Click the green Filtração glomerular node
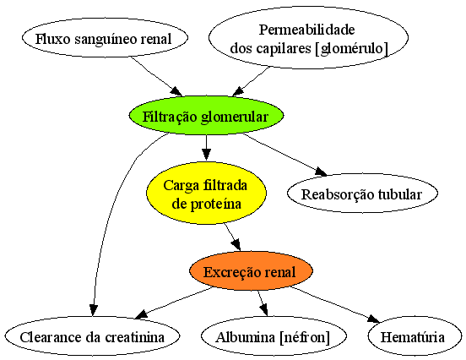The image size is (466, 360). coord(206,116)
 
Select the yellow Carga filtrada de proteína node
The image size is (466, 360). coord(206,193)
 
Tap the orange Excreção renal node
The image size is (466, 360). coord(251,271)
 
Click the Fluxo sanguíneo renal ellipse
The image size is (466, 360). coord(105,38)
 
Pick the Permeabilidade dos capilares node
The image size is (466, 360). coord(308,38)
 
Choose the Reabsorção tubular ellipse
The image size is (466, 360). coord(362,193)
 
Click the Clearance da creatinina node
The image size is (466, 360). coord(92,335)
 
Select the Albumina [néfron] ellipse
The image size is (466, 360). coord(274,335)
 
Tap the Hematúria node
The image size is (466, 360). coord(415,335)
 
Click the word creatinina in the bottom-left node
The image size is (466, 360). coord(134,337)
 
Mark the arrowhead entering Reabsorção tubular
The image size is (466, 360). coord(322,172)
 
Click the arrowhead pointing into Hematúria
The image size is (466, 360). coord(373,319)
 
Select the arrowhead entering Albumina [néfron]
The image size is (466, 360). coord(264,309)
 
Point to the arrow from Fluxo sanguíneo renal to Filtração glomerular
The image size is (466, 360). coord(157,76)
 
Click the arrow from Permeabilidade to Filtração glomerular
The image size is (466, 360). coord(251,81)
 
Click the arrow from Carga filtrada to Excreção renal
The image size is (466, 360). coord(232,237)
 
